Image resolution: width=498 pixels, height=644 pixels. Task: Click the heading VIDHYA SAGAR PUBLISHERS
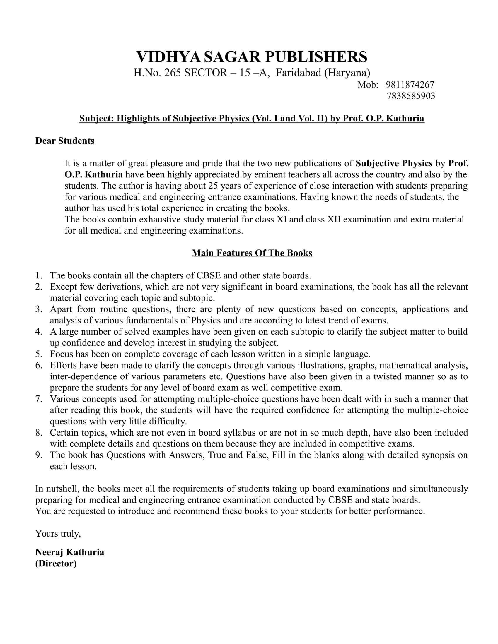tap(252, 56)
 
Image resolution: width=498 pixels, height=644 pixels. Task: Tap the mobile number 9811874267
tap(410, 85)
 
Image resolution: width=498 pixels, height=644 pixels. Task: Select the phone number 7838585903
tap(411, 96)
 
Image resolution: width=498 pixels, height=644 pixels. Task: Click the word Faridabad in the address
tap(299, 73)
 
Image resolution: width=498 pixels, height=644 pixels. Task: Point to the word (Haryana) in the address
tap(347, 73)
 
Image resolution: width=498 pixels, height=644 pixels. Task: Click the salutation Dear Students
tap(65, 141)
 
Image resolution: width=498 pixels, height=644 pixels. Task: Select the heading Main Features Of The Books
tap(252, 253)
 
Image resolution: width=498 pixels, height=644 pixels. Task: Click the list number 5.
tap(39, 354)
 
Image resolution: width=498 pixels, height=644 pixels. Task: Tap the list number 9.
tap(39, 455)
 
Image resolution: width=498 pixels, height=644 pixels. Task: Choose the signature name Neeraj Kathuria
tap(70, 552)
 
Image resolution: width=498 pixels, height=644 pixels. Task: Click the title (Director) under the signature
tap(56, 563)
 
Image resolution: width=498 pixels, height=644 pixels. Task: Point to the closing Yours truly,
tap(58, 533)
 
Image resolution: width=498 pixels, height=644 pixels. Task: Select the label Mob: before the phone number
tap(368, 85)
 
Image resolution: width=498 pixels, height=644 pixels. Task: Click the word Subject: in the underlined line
tap(96, 118)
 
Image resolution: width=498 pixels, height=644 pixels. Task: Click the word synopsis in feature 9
tap(438, 455)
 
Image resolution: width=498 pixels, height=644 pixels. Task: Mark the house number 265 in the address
tap(173, 73)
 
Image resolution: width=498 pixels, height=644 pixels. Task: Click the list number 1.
tap(39, 275)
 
